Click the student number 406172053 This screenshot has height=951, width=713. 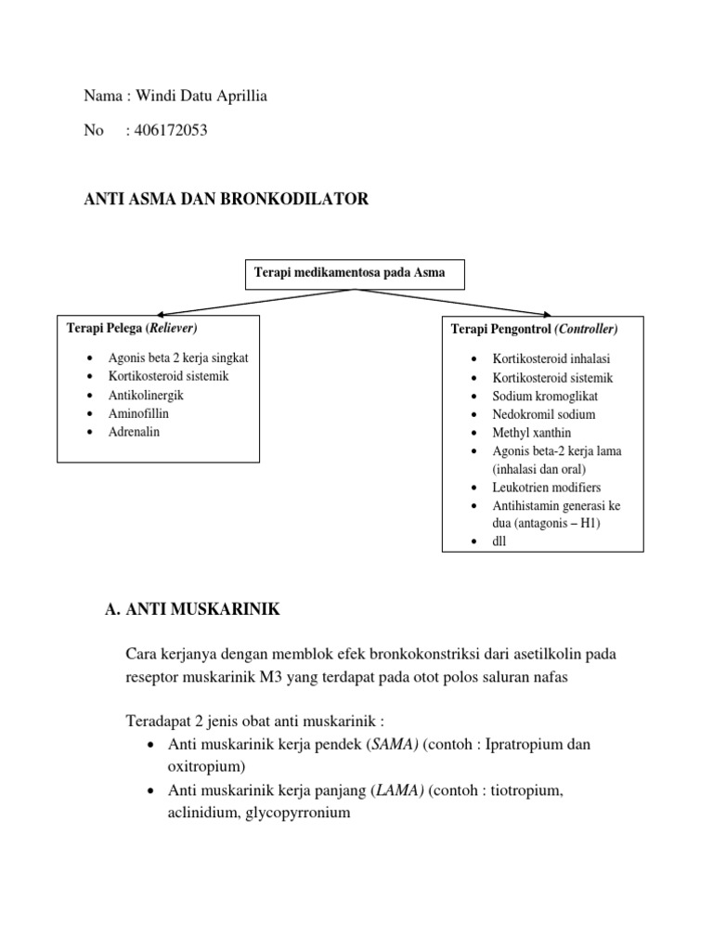(x=171, y=131)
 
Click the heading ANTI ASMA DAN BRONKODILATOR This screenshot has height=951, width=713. (x=227, y=199)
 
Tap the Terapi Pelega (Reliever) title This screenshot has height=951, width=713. (x=132, y=329)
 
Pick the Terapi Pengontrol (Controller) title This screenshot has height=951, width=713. (x=534, y=329)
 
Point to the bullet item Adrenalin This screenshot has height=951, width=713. (x=134, y=432)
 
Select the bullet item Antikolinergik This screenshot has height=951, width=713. (x=146, y=395)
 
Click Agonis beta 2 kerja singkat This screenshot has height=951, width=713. (x=178, y=358)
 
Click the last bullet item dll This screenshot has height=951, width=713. (x=500, y=541)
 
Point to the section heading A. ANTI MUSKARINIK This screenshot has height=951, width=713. (x=193, y=609)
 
